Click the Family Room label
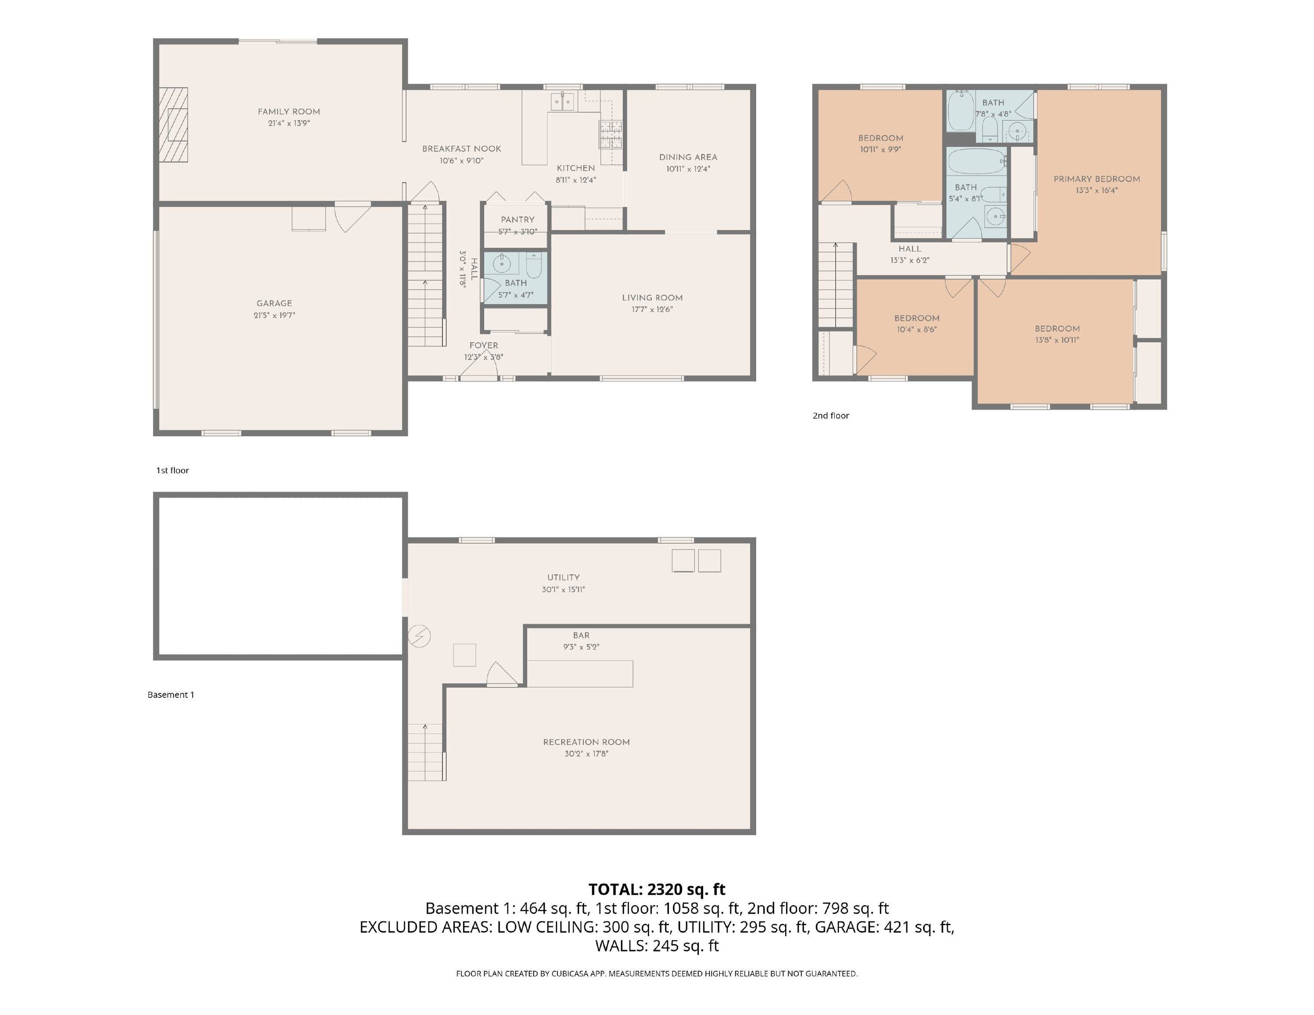coord(289,111)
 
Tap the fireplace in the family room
coord(173,125)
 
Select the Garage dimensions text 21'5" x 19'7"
coord(275,315)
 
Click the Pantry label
coord(517,219)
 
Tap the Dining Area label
coord(688,157)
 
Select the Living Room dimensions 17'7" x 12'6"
coord(652,309)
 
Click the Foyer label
coord(484,345)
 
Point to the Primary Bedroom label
coord(1096,179)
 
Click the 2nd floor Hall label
coord(909,248)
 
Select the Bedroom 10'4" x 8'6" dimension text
coord(916,330)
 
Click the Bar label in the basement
coord(581,635)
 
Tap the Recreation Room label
coord(586,742)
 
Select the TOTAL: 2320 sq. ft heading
coord(657,889)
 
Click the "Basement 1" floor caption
coord(171,694)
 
